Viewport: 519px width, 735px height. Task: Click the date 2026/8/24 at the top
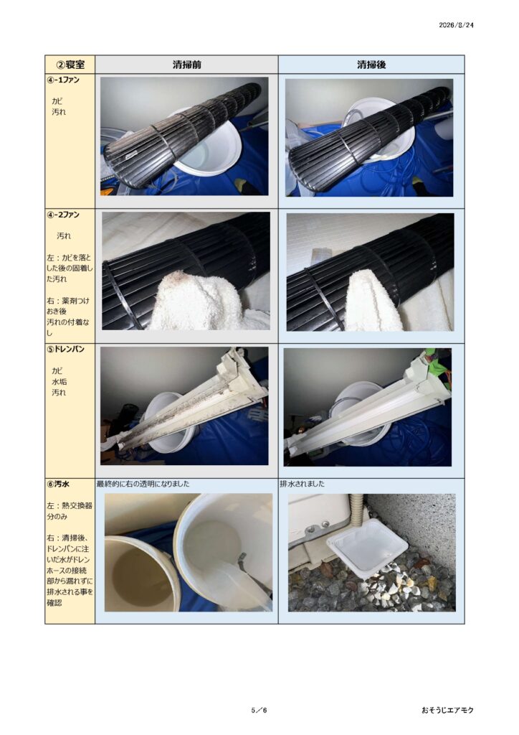(456, 25)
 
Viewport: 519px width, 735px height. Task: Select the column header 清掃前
(186, 65)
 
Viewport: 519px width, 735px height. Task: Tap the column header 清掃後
(371, 65)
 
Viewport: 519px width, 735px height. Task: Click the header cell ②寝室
(70, 65)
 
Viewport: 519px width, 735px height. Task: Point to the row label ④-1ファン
(62, 80)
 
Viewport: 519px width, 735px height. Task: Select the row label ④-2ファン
(62, 215)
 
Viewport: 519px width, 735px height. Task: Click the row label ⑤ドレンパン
(65, 350)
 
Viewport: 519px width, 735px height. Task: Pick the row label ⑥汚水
(58, 484)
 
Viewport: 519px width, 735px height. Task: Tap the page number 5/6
(259, 710)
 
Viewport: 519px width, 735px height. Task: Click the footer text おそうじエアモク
(447, 710)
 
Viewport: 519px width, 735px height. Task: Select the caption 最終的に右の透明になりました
(143, 484)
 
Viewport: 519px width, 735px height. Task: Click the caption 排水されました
(302, 484)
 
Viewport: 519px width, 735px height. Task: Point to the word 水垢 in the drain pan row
(59, 382)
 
